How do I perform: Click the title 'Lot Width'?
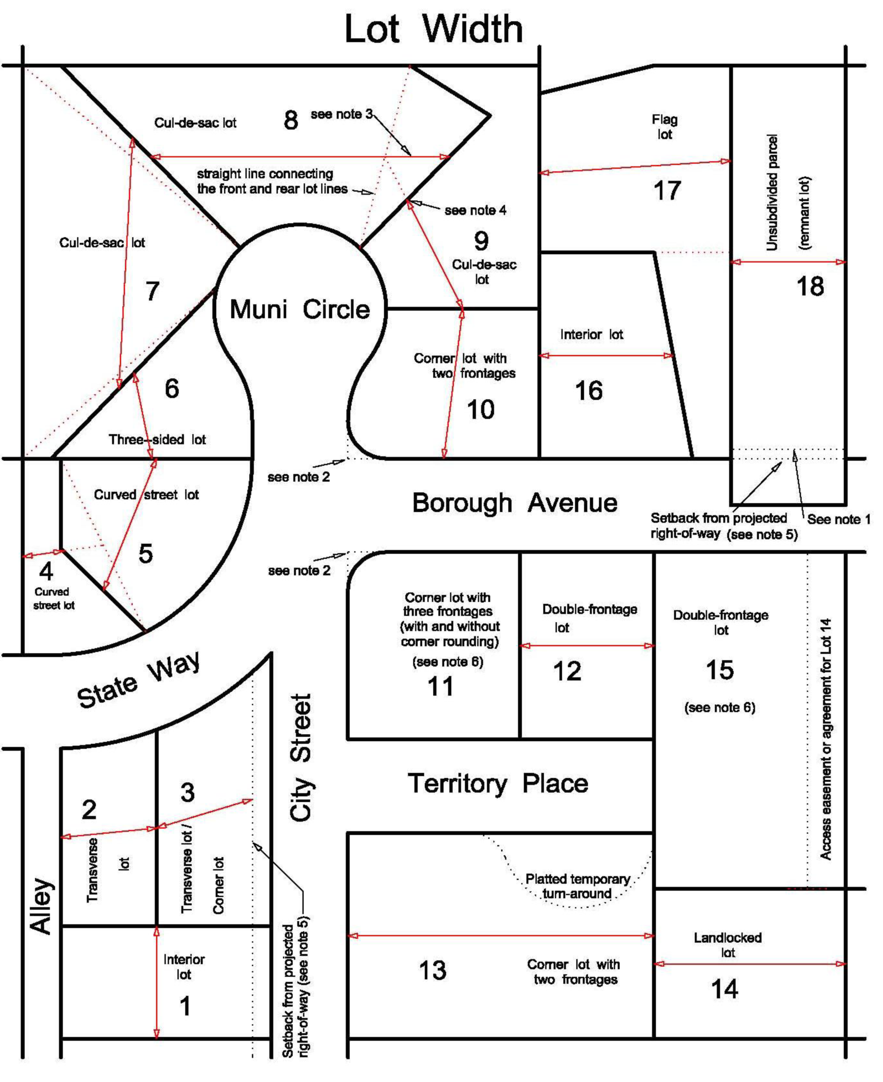pos(433,29)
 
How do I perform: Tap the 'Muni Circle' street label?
pos(300,309)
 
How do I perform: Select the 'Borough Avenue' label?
pos(514,503)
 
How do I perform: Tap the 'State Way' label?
pos(138,682)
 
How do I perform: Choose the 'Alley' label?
pos(42,905)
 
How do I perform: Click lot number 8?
pos(291,120)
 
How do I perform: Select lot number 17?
pos(667,191)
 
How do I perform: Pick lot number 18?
pos(810,286)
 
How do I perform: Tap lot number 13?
pos(432,970)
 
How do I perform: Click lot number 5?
pos(145,554)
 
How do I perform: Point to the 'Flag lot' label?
pos(664,127)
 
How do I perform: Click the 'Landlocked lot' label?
pos(727,945)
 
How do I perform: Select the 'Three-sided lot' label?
pos(157,439)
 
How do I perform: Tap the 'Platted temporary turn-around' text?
pos(577,886)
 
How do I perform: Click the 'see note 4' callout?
pos(475,210)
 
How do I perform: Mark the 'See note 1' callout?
pos(838,519)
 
